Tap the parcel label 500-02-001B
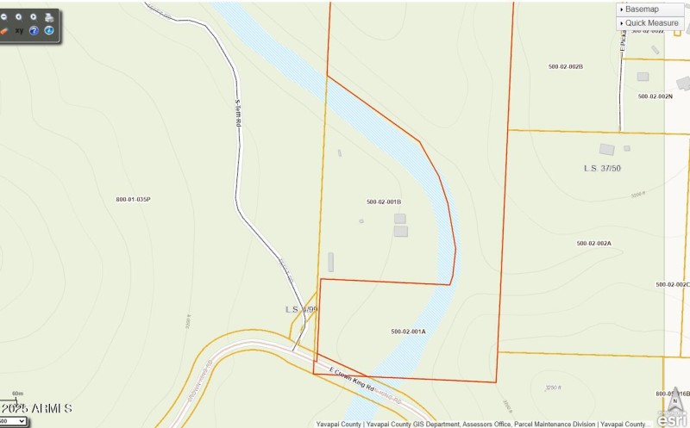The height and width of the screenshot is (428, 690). click(x=384, y=202)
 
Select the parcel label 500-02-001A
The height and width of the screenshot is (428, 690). click(x=408, y=332)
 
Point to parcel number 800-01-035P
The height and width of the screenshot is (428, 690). click(x=134, y=200)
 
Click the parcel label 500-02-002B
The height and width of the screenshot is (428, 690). click(x=566, y=66)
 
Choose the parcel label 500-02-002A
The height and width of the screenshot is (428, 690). click(x=593, y=244)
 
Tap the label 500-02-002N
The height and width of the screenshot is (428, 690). click(x=655, y=96)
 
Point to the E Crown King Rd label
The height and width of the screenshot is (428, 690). click(x=354, y=379)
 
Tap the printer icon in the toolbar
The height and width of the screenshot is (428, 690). click(x=49, y=16)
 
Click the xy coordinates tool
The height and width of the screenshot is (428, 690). click(x=19, y=31)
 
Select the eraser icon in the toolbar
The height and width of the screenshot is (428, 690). click(x=4, y=31)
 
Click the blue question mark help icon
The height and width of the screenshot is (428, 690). click(x=34, y=31)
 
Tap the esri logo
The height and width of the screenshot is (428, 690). click(x=673, y=418)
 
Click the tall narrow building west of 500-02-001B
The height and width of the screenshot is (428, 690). click(x=330, y=263)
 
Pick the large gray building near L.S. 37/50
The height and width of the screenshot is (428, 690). click(x=607, y=150)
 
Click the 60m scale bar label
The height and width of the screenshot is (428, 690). click(x=17, y=394)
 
